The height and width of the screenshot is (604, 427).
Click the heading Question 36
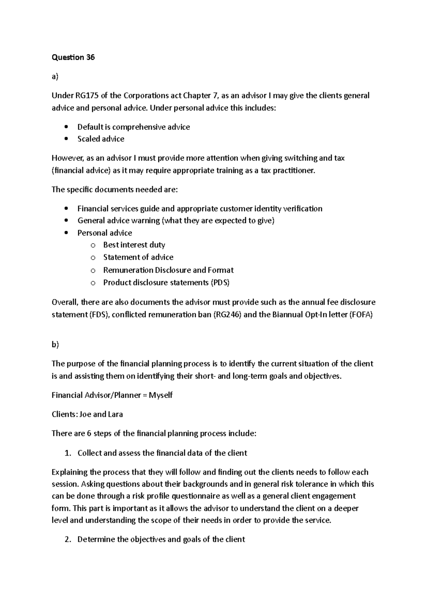(x=73, y=57)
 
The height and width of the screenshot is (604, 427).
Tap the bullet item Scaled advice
(x=101, y=139)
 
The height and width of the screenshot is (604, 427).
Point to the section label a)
(x=55, y=76)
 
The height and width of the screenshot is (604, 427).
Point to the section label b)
(x=55, y=344)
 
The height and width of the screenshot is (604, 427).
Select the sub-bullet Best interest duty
(x=134, y=245)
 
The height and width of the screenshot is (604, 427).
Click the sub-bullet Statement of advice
(x=138, y=257)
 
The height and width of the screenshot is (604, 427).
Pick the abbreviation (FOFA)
(x=360, y=315)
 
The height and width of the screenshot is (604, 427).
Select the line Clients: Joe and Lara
(x=87, y=414)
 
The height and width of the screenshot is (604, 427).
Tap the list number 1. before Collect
(x=68, y=453)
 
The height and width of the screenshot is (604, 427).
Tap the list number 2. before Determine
(x=68, y=540)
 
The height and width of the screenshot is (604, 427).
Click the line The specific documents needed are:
(x=114, y=190)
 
